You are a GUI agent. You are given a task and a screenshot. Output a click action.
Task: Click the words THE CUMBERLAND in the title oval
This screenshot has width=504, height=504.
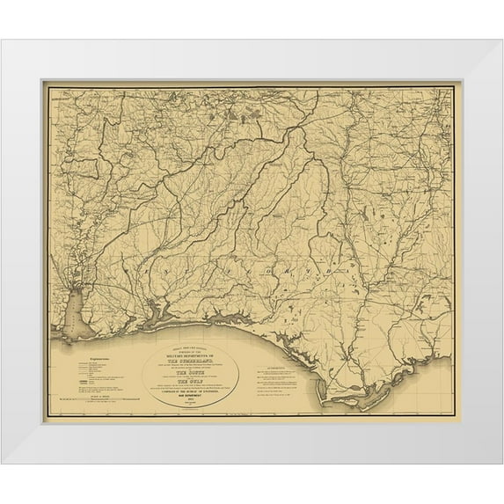(188, 349)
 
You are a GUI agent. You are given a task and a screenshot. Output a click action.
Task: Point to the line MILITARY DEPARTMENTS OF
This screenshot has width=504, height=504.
(188, 344)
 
